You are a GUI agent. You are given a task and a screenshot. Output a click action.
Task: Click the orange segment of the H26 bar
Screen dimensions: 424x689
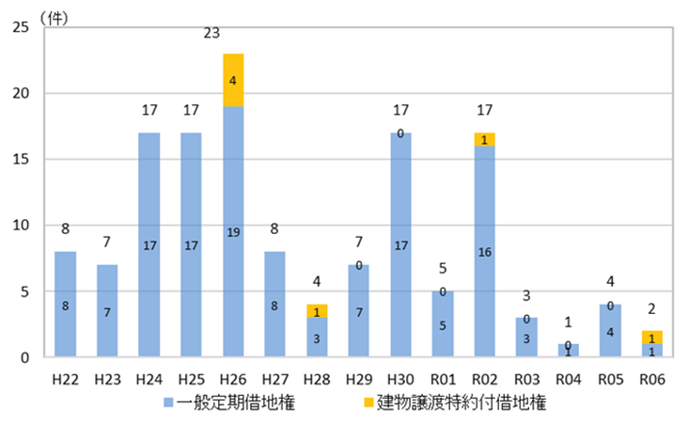point(232,80)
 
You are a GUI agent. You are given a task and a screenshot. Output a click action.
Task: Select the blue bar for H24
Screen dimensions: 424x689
point(149,244)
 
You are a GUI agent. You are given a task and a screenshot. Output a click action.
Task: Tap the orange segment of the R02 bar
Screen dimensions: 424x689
point(485,139)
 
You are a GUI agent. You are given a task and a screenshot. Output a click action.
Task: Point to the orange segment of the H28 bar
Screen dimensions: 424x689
point(317,311)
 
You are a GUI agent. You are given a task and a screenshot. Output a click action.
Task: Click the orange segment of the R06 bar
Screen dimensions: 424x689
point(652,338)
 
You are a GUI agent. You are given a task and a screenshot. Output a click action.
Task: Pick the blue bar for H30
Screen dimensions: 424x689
point(400,244)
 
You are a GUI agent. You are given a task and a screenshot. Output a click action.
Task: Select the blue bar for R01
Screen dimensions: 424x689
point(443,324)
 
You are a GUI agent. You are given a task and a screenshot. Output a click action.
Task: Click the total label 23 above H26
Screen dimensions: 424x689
point(211,34)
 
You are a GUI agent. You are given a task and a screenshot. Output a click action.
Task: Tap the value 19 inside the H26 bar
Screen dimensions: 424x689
point(232,231)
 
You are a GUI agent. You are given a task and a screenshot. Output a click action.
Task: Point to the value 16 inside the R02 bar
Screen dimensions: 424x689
point(485,251)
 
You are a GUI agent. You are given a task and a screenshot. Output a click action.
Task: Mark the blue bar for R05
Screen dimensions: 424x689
point(611,331)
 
